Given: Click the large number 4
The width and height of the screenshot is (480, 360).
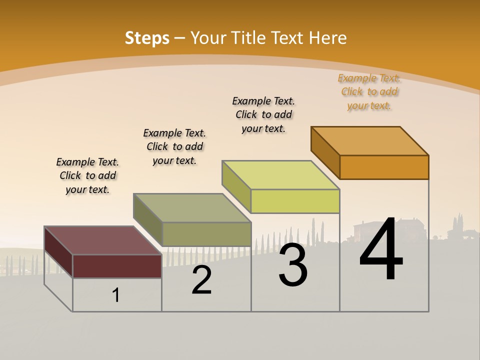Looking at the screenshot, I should click(381, 249).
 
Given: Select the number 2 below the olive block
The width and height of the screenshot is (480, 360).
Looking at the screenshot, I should click(201, 280).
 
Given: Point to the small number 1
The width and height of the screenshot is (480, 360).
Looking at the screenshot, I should click(116, 295).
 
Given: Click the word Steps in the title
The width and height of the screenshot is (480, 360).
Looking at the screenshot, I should click(147, 38).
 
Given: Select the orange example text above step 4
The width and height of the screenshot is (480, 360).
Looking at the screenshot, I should click(369, 91).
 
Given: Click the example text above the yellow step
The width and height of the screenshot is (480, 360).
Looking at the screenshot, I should click(263, 114).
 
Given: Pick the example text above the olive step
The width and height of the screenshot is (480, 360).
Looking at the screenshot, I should click(174, 146).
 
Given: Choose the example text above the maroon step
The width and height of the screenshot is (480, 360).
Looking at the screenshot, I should click(87, 175).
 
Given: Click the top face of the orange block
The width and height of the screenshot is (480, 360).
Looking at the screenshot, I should click(370, 140).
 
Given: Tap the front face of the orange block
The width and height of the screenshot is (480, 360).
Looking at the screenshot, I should click(384, 167).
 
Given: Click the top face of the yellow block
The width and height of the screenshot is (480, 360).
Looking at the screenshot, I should click(281, 175).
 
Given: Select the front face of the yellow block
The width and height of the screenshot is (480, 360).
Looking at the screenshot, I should click(295, 201).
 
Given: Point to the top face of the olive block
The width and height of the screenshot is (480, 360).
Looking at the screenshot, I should click(192, 207).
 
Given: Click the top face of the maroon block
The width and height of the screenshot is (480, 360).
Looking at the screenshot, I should click(102, 240).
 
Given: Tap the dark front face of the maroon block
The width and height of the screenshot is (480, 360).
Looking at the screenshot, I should click(117, 266).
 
